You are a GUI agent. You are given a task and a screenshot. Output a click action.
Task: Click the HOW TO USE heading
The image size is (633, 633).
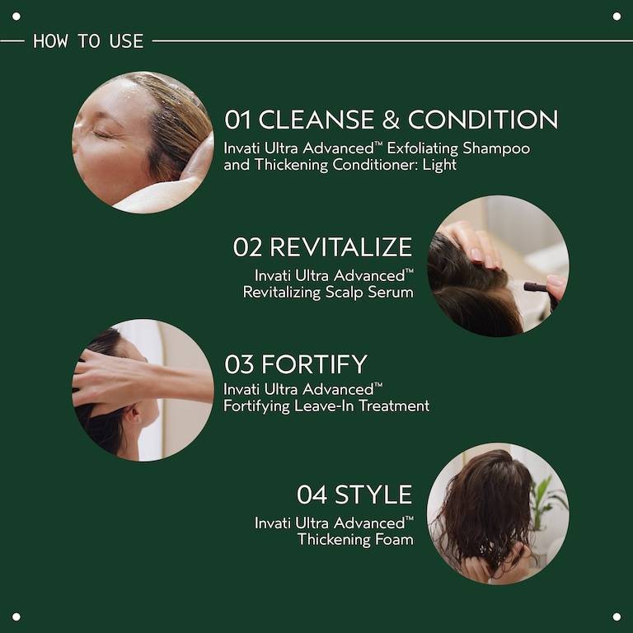(88, 40)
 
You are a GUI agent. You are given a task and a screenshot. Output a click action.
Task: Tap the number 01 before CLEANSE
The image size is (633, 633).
(237, 120)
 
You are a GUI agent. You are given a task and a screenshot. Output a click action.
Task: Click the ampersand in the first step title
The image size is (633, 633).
(391, 120)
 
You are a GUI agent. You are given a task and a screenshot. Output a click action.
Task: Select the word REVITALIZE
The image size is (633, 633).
(340, 246)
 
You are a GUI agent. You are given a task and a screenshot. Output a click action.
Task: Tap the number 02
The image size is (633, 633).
(247, 246)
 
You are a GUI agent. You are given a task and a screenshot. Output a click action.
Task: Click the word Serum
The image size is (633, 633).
(392, 292)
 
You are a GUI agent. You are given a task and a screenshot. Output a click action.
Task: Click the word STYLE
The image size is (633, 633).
(373, 495)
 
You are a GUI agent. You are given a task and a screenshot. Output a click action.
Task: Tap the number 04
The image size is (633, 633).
(312, 495)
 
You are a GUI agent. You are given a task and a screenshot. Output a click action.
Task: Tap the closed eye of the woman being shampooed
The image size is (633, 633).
(104, 134)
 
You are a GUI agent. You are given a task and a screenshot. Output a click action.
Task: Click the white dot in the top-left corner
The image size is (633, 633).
(16, 16)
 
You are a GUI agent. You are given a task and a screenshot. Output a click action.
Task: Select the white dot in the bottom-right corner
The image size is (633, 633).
(617, 617)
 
